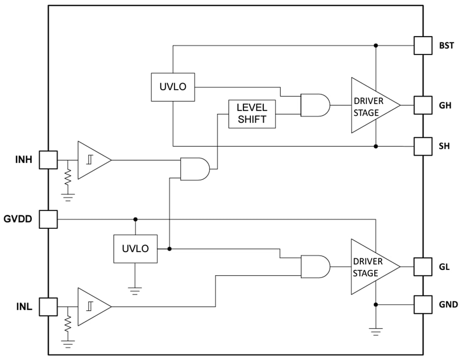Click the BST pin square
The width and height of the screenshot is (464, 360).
point(423,45)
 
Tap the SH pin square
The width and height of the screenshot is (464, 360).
point(423,146)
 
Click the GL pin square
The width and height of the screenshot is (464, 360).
point(423,266)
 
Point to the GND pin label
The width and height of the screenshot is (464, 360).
point(448,304)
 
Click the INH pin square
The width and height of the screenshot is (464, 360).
point(48,160)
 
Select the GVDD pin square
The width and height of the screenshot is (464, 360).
point(48,219)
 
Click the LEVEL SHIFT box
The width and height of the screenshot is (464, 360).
point(252,114)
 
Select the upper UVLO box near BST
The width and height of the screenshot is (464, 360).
point(173,87)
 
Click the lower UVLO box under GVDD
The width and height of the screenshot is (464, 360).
point(135,249)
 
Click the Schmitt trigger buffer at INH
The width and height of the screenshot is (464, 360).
point(92,160)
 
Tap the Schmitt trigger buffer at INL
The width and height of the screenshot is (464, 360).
point(92,306)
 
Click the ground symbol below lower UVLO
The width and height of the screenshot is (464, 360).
point(135,290)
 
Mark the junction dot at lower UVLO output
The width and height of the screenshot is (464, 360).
point(169,249)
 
